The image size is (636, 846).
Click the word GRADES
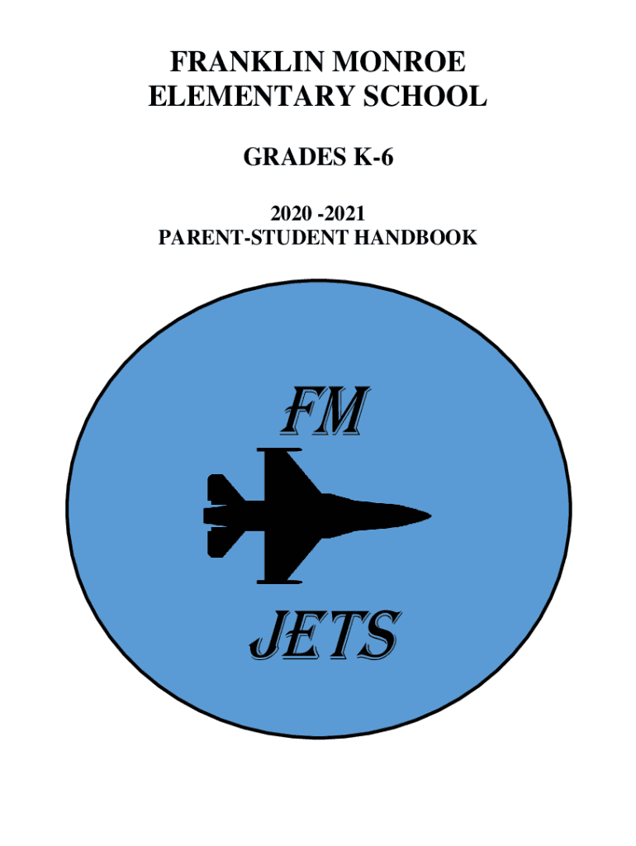[x=285, y=157]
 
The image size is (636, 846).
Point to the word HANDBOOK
[x=416, y=238]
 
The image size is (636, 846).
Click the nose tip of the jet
[x=428, y=516]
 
